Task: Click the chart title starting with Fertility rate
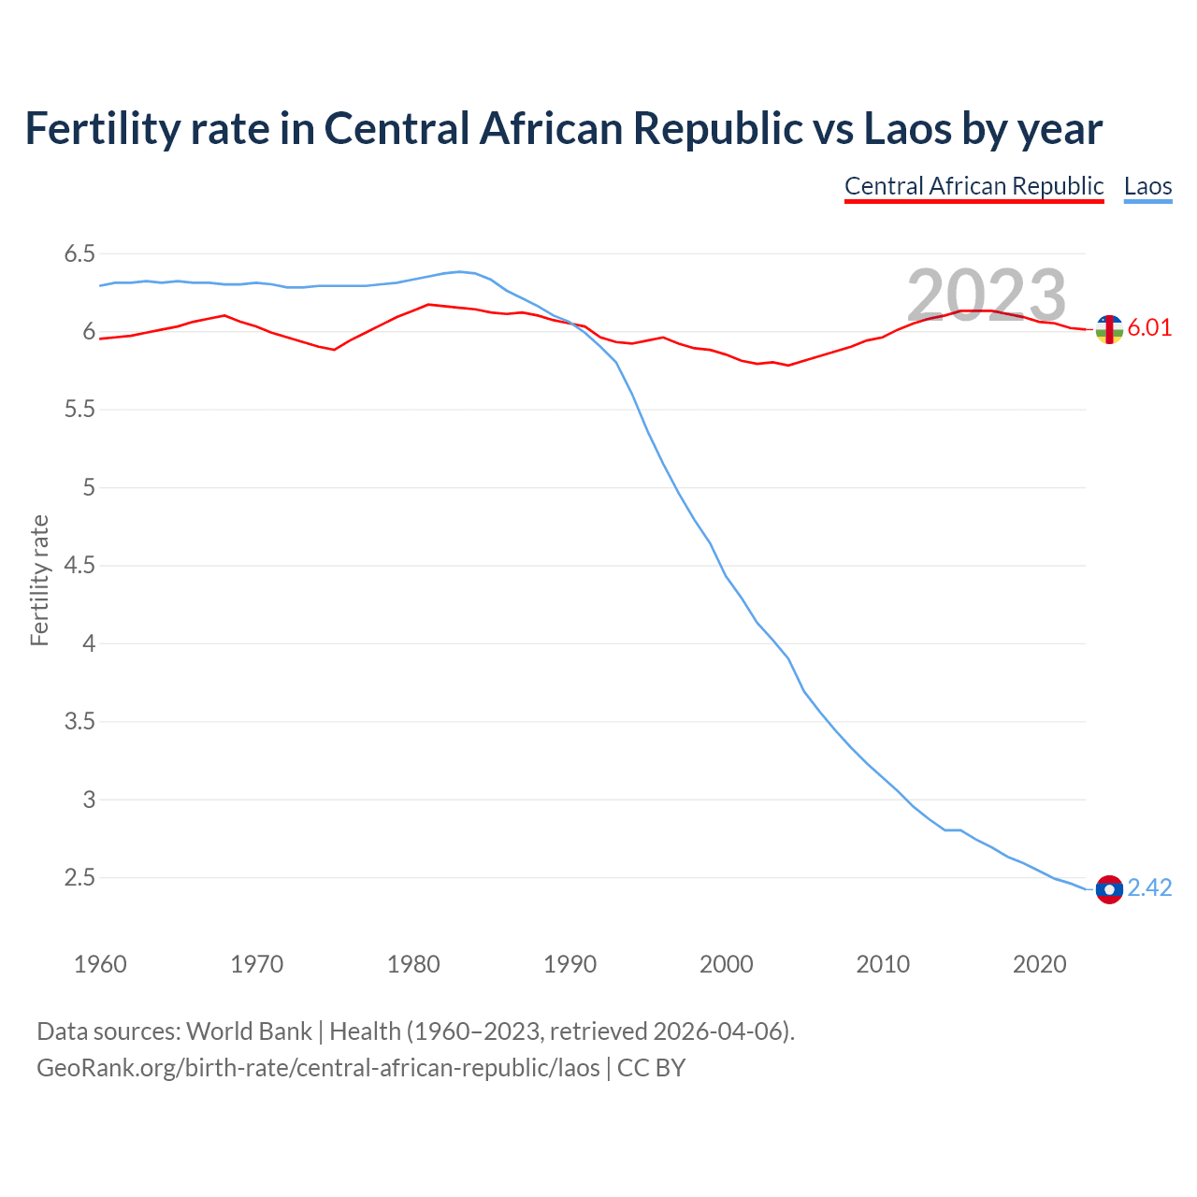(563, 129)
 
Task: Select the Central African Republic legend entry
(973, 186)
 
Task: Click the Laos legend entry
(1147, 186)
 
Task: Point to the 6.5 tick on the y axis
(79, 254)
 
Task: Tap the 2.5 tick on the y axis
(79, 878)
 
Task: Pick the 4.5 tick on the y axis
(79, 566)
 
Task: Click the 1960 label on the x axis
(100, 964)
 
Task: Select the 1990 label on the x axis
(570, 964)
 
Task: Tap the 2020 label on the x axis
(1039, 964)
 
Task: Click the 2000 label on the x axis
(726, 964)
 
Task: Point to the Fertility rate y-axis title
(39, 580)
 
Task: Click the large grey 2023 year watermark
(987, 296)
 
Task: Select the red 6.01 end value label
(1149, 328)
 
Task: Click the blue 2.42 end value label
(1149, 888)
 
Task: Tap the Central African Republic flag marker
(1109, 329)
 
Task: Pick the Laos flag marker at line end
(1109, 889)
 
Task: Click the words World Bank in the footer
(249, 1031)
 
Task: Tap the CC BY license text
(651, 1068)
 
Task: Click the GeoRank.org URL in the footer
(318, 1068)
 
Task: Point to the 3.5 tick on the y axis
(79, 722)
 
